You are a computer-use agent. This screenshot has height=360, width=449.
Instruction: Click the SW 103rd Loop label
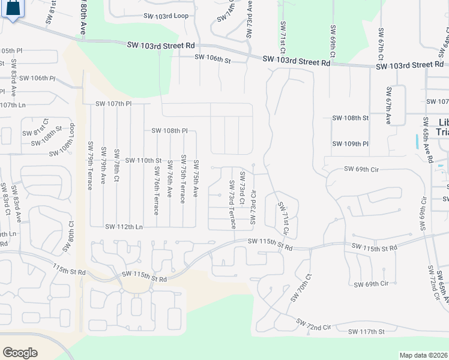(x=166, y=16)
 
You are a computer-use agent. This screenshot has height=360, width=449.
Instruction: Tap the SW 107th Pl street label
(x=113, y=104)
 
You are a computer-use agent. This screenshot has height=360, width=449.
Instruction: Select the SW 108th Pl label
(x=169, y=130)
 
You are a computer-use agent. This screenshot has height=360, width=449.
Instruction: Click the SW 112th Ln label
(x=124, y=227)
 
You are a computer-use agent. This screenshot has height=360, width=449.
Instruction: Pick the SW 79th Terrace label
(x=90, y=166)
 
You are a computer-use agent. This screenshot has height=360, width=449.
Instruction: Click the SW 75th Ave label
(x=196, y=178)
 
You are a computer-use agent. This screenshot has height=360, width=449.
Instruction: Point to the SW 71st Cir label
(x=283, y=217)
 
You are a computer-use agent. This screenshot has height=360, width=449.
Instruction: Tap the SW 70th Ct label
(x=302, y=288)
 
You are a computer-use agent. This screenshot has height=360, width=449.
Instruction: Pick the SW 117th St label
(x=366, y=331)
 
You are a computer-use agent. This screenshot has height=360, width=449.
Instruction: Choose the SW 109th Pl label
(x=350, y=144)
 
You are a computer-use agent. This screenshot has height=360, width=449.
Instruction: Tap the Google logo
(x=20, y=353)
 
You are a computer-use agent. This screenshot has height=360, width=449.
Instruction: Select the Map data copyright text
(x=423, y=355)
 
